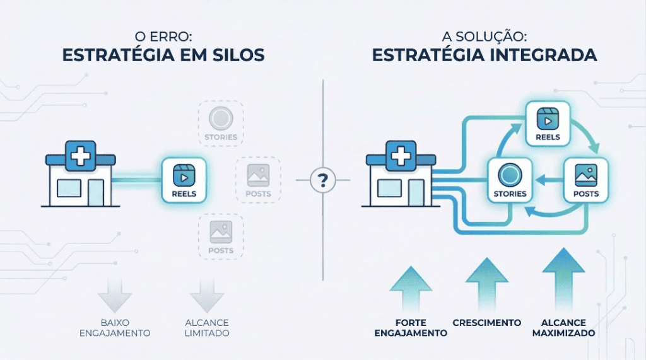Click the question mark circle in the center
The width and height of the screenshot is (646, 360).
(323, 181)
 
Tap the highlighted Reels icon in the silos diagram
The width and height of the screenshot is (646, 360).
(184, 180)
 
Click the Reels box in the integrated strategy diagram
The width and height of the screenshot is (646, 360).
(548, 124)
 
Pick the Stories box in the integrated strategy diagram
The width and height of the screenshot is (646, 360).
(510, 180)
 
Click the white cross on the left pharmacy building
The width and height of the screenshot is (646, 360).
(80, 155)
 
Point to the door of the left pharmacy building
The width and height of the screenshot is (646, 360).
(97, 192)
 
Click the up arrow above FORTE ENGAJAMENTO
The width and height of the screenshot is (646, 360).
(411, 289)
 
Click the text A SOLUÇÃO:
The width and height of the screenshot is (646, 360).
(484, 37)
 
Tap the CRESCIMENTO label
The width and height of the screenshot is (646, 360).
(486, 323)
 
